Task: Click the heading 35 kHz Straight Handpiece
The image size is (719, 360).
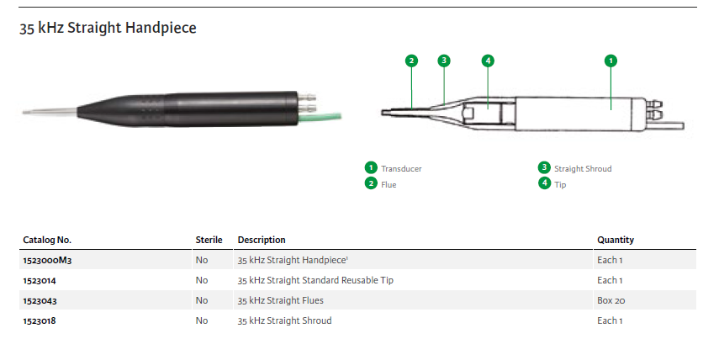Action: tap(108, 28)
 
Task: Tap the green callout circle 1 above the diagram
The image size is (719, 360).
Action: tap(611, 61)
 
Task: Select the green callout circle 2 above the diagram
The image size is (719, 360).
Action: tap(411, 61)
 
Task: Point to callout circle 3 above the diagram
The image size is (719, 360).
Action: tap(443, 61)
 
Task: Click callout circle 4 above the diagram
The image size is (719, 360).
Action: tap(488, 61)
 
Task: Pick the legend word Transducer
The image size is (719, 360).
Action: tap(401, 169)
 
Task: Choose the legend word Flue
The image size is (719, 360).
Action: tap(389, 184)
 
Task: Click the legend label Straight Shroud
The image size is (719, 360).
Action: tap(583, 169)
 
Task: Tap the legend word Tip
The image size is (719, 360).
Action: tap(560, 184)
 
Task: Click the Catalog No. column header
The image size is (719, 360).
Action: tap(47, 240)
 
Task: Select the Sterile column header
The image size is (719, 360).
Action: tap(209, 240)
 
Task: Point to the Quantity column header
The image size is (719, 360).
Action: tap(616, 240)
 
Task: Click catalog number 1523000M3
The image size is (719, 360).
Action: tap(47, 261)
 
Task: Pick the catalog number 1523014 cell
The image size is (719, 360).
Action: tap(40, 281)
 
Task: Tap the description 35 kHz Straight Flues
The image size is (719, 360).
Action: tap(281, 300)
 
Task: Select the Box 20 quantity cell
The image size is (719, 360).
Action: tap(611, 300)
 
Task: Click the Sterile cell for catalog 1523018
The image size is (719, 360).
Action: tap(202, 320)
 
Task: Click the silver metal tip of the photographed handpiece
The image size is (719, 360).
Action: tap(50, 111)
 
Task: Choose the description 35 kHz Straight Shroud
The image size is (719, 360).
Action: tap(284, 320)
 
